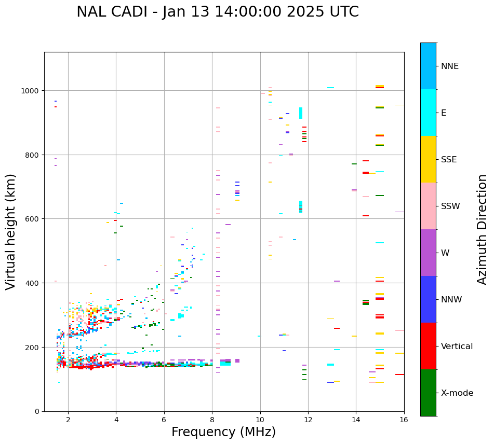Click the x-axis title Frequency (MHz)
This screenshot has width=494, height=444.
[223, 432]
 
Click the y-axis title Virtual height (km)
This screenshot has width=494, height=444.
[11, 231]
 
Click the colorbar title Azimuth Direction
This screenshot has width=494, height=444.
[483, 229]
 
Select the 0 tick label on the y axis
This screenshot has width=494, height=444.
[36, 411]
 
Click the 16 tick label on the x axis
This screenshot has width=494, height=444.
[404, 420]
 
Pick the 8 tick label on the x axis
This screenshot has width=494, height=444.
[212, 420]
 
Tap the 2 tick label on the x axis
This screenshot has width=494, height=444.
[68, 420]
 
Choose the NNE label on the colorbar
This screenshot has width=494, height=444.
[450, 66]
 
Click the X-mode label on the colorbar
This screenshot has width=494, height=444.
[457, 393]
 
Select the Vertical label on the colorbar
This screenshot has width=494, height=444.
[457, 346]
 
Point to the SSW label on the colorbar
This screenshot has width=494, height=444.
[450, 206]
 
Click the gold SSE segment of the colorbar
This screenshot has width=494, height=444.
[428, 159]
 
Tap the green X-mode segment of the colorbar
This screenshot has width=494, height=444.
[428, 393]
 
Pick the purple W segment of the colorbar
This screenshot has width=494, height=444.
[428, 253]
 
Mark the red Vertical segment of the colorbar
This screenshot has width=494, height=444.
[428, 346]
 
